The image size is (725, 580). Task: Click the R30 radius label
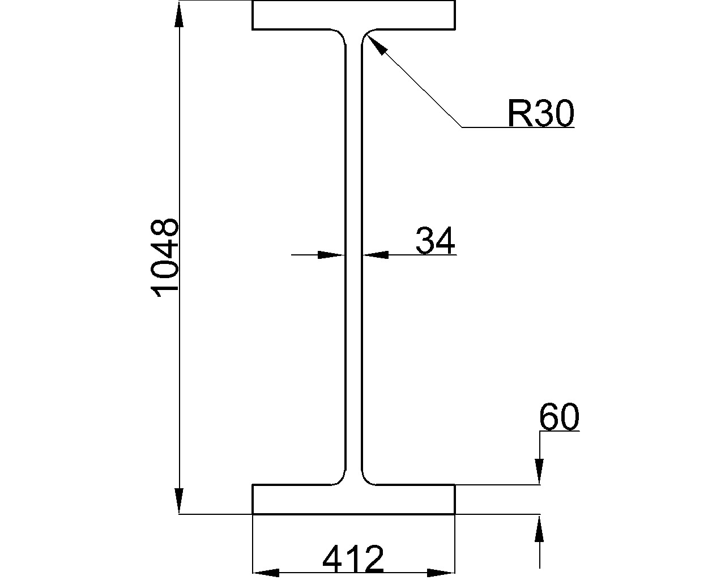click(x=540, y=113)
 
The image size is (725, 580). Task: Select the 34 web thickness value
click(x=435, y=241)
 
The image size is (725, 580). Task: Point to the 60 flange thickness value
click(x=559, y=417)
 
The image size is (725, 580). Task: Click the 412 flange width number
click(x=353, y=560)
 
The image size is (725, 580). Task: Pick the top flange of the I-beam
click(x=353, y=15)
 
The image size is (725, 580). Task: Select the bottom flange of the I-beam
click(x=353, y=500)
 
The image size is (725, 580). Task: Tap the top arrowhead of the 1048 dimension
click(x=180, y=15)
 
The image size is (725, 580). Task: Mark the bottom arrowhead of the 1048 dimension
click(x=180, y=501)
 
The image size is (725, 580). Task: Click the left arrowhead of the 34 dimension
click(x=331, y=255)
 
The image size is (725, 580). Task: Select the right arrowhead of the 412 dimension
click(x=441, y=572)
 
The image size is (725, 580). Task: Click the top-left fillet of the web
click(x=340, y=35)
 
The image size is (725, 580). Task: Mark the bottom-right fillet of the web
click(x=368, y=479)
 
